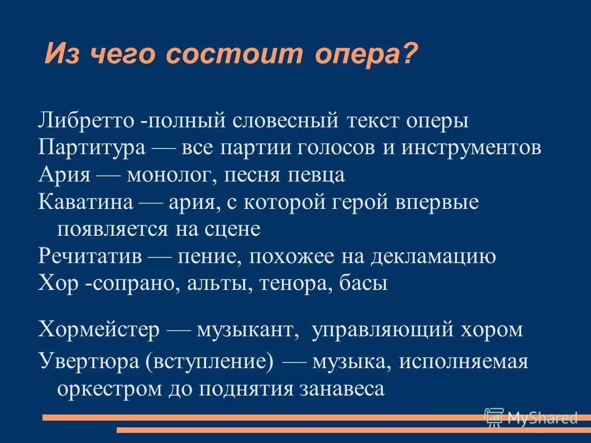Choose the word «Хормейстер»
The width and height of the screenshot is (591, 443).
(99, 329)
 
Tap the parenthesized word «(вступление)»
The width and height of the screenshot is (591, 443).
(209, 361)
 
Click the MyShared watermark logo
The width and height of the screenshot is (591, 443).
(531, 417)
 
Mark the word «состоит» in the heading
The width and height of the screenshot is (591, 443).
(235, 54)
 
